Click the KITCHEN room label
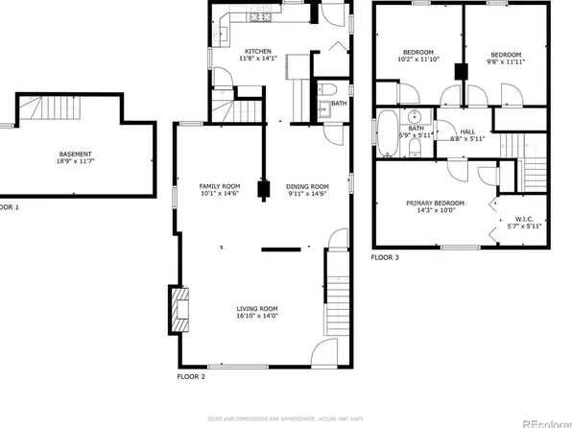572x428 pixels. pos(258,51)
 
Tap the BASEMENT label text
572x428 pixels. pos(76,154)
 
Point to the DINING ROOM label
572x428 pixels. pos(307,186)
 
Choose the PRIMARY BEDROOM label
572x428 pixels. pos(436,202)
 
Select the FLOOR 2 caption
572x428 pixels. pos(192,376)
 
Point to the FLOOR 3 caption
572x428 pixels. pos(385,258)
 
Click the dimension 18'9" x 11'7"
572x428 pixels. pos(76,161)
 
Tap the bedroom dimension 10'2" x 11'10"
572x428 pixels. pos(418,59)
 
